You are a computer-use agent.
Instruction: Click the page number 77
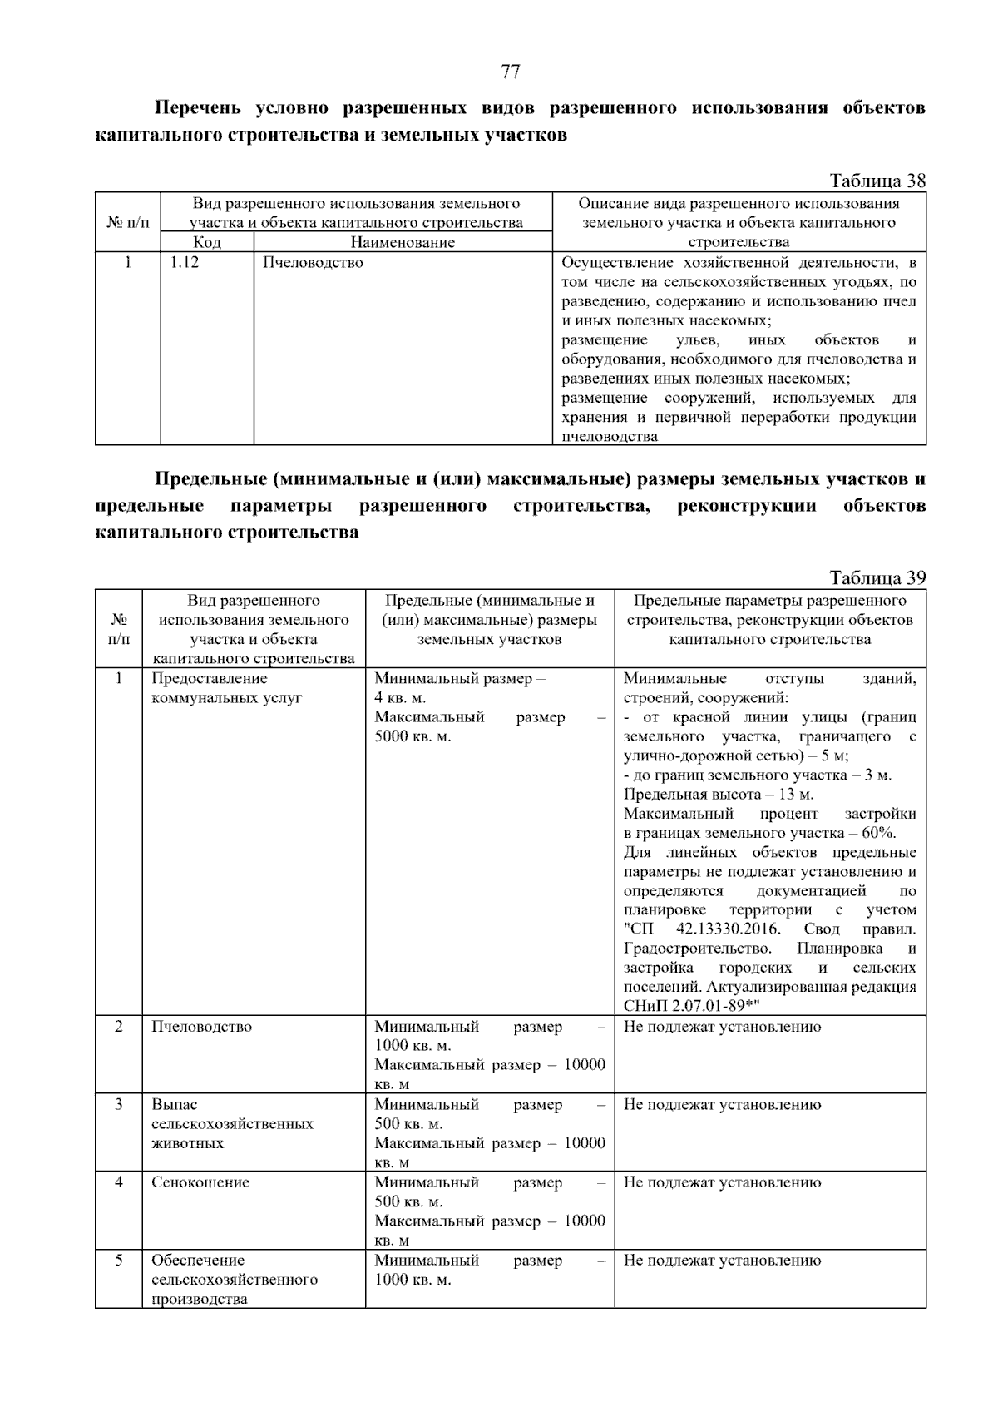511,72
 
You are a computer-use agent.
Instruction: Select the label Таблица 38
877,181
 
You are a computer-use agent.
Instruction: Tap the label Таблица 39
877,577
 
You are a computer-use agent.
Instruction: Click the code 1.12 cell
185,263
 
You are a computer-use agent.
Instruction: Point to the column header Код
206,242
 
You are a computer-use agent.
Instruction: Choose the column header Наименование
403,242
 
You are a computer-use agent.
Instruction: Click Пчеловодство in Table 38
313,263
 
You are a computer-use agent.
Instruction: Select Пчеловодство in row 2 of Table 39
201,1026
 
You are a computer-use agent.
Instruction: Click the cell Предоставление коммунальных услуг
226,688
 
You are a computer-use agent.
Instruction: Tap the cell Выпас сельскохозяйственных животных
232,1123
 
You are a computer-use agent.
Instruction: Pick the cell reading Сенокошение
200,1182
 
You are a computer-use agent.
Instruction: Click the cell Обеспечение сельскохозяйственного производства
234,1279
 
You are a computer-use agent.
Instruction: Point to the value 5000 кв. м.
413,736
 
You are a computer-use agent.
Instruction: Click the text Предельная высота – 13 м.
719,794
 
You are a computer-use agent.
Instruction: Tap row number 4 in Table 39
119,1182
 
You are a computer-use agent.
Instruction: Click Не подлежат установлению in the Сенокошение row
722,1182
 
